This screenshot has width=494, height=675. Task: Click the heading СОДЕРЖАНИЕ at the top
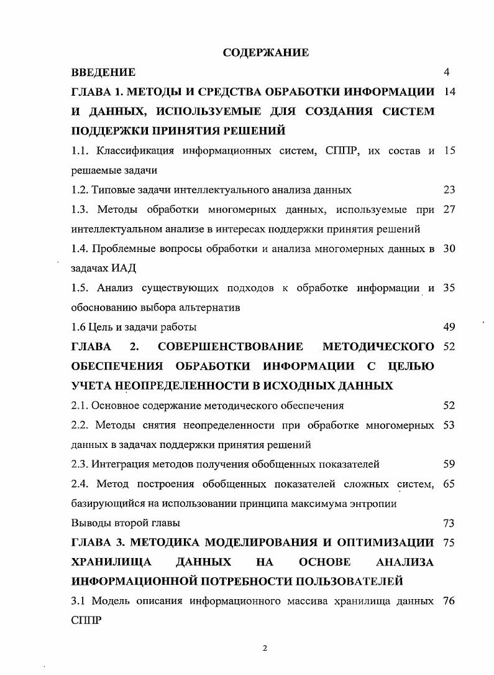point(266,53)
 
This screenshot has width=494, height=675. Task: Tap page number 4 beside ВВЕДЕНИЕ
point(447,73)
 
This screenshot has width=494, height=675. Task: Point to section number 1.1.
point(80,151)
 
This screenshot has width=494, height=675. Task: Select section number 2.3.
point(80,463)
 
